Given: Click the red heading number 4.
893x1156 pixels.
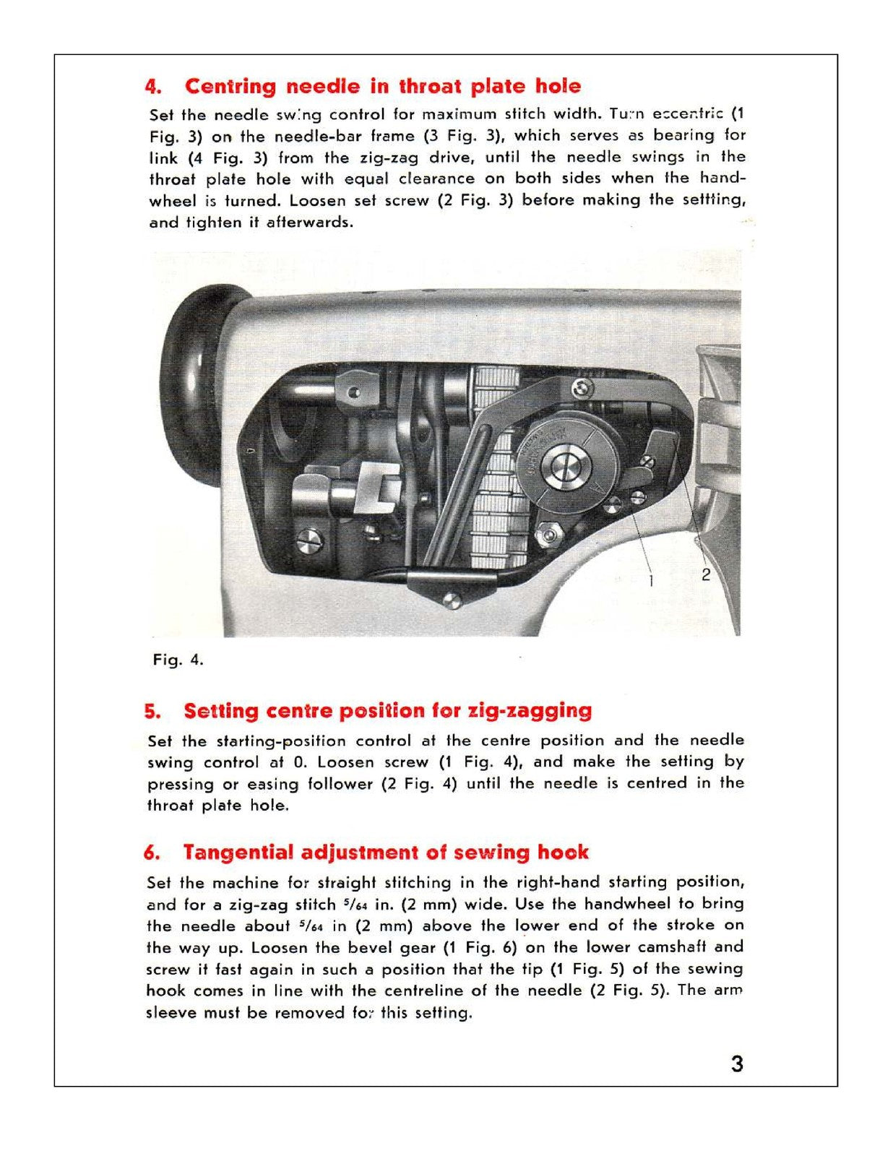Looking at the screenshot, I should point(152,87).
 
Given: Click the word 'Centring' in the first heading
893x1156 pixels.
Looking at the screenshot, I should point(230,87).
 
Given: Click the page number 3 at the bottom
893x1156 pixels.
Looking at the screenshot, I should point(736,1064).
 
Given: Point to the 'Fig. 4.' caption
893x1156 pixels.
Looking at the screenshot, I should point(178,660).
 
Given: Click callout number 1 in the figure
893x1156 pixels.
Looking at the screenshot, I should point(651,579).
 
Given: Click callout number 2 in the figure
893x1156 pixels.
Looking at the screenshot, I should point(705,575).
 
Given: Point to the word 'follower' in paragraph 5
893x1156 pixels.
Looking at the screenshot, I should point(340,784).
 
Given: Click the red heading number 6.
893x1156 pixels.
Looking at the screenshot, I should point(152,853).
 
